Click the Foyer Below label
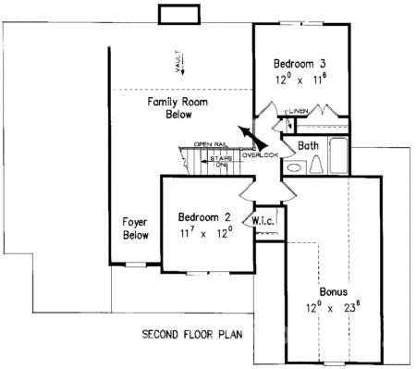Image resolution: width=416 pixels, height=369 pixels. (x=136, y=228)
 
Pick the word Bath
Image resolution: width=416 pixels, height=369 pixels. (x=309, y=146)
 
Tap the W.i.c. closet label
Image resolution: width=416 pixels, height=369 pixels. (x=261, y=221)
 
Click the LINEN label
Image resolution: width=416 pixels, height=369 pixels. (x=297, y=112)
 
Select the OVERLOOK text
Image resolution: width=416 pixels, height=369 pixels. (x=260, y=154)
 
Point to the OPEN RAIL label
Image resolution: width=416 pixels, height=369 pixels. (x=211, y=144)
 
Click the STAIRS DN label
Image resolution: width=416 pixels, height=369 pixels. (x=220, y=160)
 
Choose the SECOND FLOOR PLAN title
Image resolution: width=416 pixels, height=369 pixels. (x=192, y=333)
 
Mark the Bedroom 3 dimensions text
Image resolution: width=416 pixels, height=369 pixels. (x=299, y=80)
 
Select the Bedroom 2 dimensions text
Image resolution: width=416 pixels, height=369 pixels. (x=204, y=233)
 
